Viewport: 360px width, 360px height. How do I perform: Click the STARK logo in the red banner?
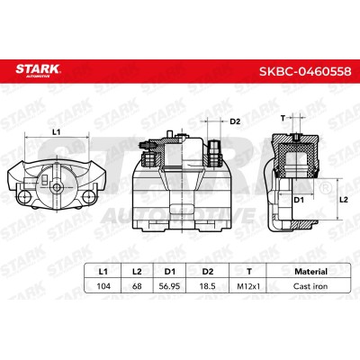point(38,70)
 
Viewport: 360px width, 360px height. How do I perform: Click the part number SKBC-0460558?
point(305,71)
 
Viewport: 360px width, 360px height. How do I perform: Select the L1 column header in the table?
point(103,272)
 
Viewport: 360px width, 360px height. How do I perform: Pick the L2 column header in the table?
point(137,272)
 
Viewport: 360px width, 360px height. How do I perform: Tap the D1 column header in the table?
point(169,272)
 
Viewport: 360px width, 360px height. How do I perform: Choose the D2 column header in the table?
point(208,272)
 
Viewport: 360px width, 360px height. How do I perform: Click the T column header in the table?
point(248,272)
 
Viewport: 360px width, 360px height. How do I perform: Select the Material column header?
point(310,272)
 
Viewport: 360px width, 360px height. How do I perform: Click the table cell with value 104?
point(103,286)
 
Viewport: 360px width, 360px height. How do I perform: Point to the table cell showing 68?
point(137,286)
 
